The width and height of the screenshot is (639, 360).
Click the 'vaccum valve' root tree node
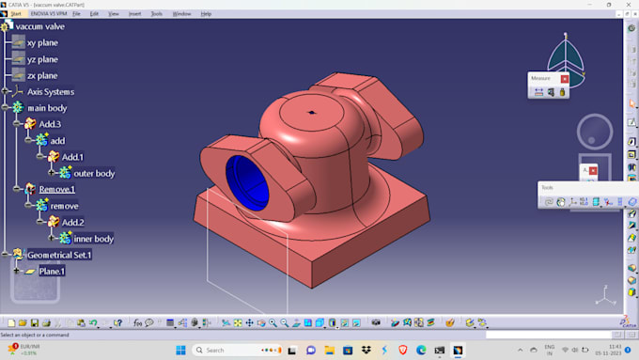tap(39, 26)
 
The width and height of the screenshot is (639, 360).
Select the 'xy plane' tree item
tap(42, 42)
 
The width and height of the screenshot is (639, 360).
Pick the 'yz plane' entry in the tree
tap(42, 59)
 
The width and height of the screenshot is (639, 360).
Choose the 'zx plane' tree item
tap(42, 75)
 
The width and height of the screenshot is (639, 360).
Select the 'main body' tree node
tap(48, 108)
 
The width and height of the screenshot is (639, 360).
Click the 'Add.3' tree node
tap(50, 124)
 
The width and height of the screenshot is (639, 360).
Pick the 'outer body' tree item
tap(94, 173)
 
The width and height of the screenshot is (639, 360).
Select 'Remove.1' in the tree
tap(56, 189)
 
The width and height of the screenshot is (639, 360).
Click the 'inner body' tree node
tap(94, 239)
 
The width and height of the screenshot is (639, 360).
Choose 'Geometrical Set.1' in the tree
tap(59, 255)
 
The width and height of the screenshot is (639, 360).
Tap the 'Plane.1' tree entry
tap(52, 272)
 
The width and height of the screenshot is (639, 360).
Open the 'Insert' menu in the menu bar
tap(134, 14)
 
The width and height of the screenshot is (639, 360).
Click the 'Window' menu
tap(181, 14)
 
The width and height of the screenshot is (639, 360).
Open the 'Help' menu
tap(206, 14)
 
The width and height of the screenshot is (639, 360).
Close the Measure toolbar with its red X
tap(565, 79)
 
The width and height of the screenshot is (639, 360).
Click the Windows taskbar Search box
tap(230, 350)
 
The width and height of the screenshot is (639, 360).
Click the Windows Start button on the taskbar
tap(180, 350)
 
